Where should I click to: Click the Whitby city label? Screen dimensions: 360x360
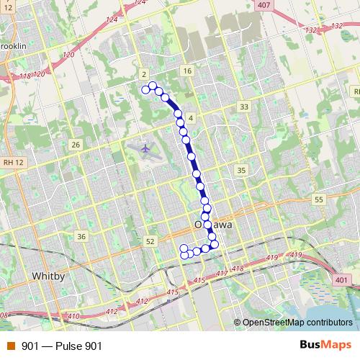49,276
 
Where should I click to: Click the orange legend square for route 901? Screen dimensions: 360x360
10,346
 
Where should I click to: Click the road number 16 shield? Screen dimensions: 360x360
187,71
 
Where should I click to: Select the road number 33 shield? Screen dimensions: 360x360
245,107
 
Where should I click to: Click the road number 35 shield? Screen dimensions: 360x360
241,171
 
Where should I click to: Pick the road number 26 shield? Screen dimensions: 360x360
75,145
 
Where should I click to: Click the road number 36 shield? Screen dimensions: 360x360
81,236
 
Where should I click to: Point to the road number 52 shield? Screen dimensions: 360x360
150,242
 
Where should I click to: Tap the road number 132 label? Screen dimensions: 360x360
311,30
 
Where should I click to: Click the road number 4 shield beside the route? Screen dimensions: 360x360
190,117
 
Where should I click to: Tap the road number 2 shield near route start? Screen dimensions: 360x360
145,74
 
